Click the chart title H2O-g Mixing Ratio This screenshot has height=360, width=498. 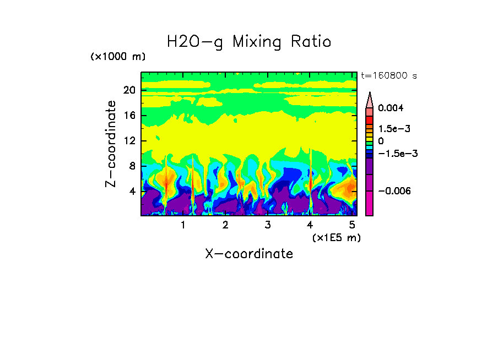coord(249,42)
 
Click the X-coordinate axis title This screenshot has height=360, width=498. coord(249,254)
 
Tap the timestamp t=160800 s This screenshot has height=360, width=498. coord(389,75)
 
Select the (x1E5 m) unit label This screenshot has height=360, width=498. coord(336,237)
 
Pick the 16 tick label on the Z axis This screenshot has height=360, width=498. coord(129,116)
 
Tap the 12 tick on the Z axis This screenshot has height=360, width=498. coord(129,141)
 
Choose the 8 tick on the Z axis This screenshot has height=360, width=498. coord(132,166)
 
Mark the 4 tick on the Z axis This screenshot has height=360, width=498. coord(132,192)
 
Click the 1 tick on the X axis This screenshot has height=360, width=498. coord(183,225)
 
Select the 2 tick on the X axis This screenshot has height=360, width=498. coord(225,225)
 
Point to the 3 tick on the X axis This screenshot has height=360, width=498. coord(268,225)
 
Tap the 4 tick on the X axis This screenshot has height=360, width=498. coord(310,225)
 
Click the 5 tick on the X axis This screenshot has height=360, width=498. coord(352,225)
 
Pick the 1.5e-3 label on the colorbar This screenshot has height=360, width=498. coord(392,129)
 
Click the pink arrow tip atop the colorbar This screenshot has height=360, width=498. coord(369,99)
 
